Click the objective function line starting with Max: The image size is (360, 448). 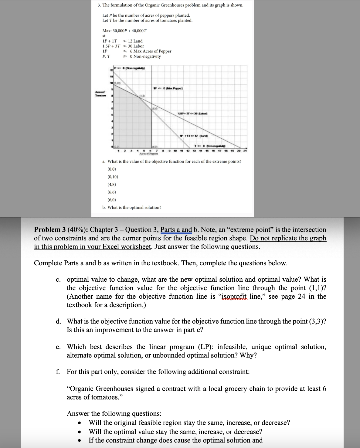(124, 31)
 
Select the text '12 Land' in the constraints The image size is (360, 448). (135, 41)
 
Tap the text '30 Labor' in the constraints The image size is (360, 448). (136, 46)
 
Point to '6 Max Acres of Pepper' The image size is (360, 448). (151, 51)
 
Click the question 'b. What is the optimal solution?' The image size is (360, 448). (132, 208)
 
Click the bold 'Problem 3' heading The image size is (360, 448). (49, 230)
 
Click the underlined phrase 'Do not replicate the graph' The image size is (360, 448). (288, 238)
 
